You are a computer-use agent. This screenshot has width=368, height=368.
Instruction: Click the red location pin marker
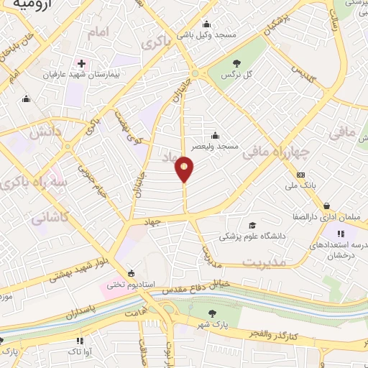[x=185, y=170]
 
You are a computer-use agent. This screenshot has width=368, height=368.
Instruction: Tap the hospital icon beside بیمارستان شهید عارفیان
[x=83, y=63]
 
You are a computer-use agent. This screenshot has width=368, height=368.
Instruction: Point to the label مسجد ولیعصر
[x=214, y=146]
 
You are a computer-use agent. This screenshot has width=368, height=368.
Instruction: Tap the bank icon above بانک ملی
[x=300, y=175]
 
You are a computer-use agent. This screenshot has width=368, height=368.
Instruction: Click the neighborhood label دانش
[x=45, y=133]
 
